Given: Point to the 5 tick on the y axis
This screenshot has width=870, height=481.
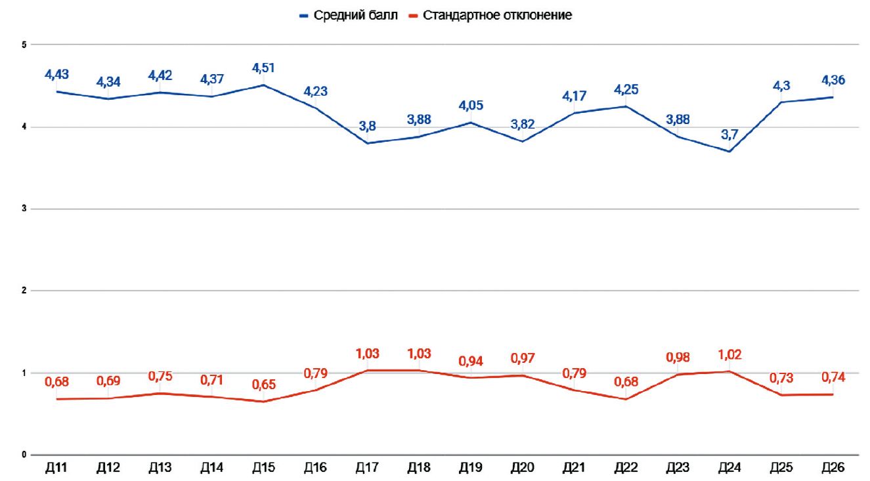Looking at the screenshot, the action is (24, 45).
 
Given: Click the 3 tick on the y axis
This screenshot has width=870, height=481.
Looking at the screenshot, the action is (24, 209).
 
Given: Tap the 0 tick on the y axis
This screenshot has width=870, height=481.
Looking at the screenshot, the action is (24, 454).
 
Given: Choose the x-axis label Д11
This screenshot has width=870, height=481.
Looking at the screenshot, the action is (56, 467).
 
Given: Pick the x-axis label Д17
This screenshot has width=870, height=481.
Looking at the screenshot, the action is (367, 467).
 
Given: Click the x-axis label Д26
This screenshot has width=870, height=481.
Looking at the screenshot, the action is (833, 467).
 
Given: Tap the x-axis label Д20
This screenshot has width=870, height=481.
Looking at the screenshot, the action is (523, 467).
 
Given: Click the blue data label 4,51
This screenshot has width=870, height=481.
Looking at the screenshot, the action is (263, 68).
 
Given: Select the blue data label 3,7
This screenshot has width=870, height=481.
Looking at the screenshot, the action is (729, 135).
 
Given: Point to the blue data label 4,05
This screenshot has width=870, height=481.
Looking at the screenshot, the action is (471, 105).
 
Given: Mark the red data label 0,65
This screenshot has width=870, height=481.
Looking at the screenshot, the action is (264, 385).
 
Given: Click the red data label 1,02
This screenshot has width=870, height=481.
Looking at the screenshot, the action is (729, 354).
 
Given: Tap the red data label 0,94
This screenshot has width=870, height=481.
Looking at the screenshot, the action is (471, 361).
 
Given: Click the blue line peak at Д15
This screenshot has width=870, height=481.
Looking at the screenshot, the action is (264, 85).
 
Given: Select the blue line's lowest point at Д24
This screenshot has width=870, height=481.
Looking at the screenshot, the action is (729, 152).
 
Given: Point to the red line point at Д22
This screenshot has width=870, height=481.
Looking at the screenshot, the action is (626, 399).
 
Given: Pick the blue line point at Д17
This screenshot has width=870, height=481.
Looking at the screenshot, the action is (367, 143).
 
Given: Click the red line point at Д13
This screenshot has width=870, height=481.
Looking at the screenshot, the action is (160, 393).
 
